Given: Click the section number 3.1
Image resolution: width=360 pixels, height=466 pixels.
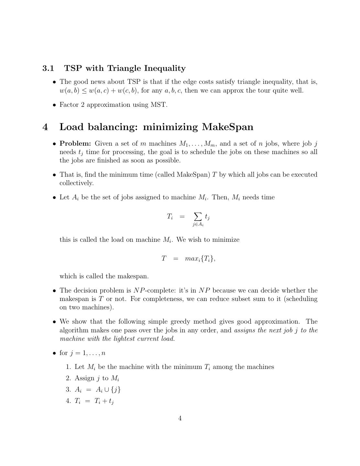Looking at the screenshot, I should point(48,68).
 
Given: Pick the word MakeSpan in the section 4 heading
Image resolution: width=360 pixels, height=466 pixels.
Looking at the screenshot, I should point(227,127).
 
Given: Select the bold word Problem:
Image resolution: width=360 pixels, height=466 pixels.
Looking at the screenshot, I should point(75,144).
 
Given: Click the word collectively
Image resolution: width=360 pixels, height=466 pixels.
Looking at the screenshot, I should point(76,183).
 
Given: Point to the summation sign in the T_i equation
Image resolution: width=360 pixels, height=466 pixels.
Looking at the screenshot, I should point(197,216).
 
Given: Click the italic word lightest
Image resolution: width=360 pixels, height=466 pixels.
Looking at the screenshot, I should point(140,339).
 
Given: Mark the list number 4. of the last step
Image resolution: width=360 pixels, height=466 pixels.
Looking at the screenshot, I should point(68,401).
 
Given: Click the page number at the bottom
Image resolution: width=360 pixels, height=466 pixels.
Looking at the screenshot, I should point(180,418).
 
